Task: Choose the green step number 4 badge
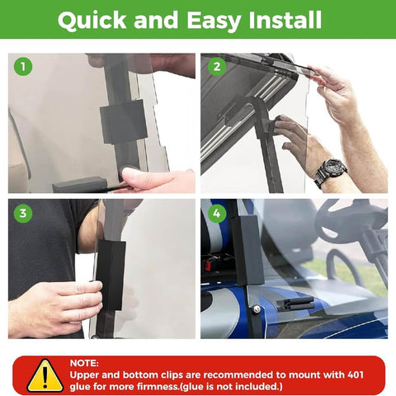pyautogui.click(x=216, y=213)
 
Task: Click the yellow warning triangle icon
pyautogui.click(x=45, y=376)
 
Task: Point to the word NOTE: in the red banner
pyautogui.click(x=83, y=362)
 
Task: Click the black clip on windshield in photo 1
pyautogui.click(x=123, y=121)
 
